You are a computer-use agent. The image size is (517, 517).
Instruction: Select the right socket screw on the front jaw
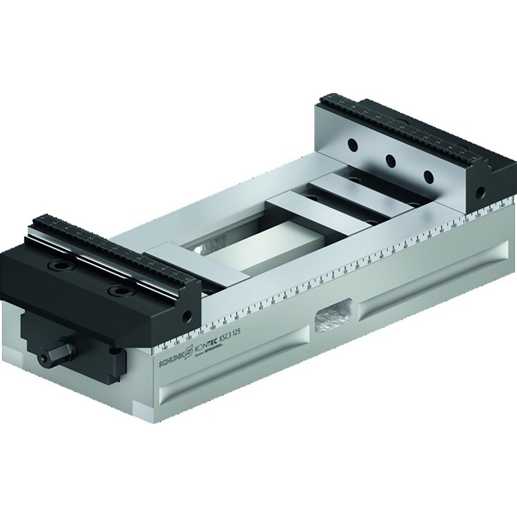(x=121, y=290)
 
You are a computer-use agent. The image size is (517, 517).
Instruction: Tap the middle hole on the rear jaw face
(x=391, y=160)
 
